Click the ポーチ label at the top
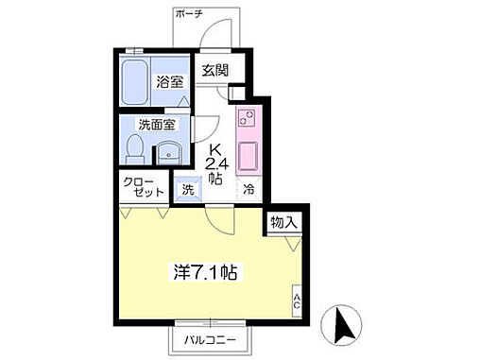194,13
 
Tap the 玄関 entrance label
214,70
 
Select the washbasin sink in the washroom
171,152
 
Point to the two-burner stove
248,120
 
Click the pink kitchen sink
249,154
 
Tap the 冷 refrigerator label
249,190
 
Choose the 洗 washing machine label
188,189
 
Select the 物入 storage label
283,222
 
